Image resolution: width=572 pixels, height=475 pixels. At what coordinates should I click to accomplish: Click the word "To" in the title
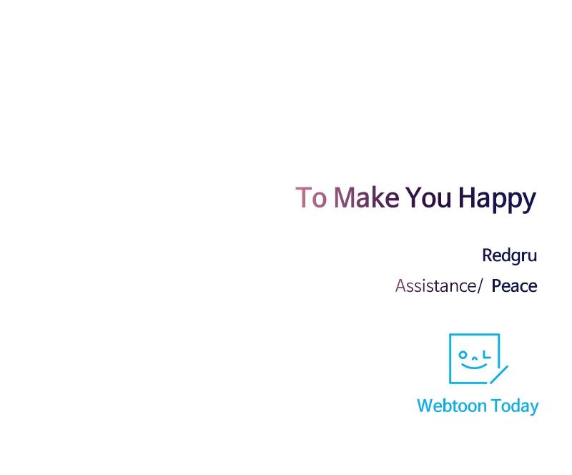pos(311,197)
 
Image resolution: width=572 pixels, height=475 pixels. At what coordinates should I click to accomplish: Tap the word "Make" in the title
pos(367,197)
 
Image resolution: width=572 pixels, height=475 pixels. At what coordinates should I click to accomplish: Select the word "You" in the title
pos(428,197)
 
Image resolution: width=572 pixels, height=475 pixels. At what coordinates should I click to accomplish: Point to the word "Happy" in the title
pos(497,200)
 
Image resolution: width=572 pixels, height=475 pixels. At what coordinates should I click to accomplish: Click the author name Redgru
pos(509,255)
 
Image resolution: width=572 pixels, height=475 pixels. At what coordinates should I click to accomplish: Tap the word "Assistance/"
pos(439,286)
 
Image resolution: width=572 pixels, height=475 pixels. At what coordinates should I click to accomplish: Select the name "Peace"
pos(514,286)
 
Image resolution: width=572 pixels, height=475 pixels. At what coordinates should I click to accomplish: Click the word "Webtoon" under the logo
pos(452,406)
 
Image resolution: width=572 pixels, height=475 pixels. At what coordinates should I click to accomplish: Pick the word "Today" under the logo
pos(514,407)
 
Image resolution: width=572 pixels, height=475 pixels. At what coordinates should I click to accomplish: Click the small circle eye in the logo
pos(463,354)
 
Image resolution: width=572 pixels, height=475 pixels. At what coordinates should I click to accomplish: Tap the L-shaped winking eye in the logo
pos(486,354)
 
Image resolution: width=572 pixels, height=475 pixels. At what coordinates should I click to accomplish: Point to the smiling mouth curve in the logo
pos(474,366)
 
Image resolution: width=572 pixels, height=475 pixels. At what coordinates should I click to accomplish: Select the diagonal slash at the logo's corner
pos(499,375)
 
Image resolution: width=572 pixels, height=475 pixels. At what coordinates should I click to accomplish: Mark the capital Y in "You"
pos(414,197)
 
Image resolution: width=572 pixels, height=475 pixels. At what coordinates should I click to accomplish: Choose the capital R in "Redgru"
pos(488,255)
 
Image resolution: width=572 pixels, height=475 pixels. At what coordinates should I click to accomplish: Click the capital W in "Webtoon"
pos(426,406)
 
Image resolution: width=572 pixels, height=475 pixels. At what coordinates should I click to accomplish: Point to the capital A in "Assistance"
pos(401,286)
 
